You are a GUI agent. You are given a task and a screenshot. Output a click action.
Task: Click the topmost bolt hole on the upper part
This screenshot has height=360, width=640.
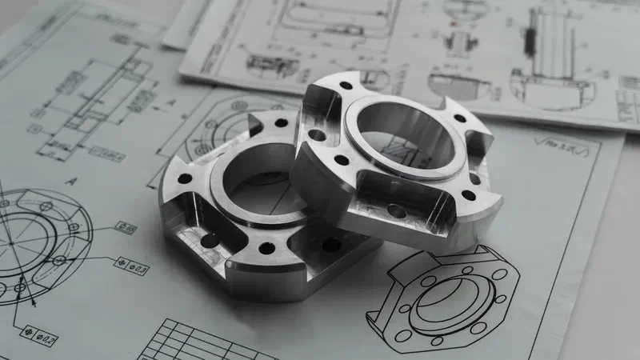tap(345, 85)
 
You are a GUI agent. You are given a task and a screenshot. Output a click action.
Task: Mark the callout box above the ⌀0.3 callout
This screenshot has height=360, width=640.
tap(126, 228)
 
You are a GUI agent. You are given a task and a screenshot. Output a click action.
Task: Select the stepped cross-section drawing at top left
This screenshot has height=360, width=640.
tap(88, 96)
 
